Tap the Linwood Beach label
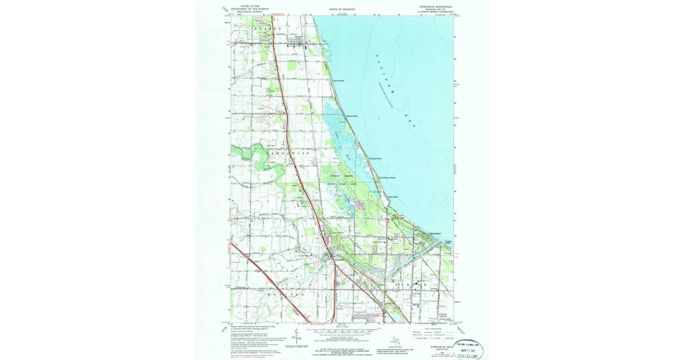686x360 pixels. [x=338, y=81]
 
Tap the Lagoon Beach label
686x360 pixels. [x=435, y=233]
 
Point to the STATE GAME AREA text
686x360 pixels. [x=341, y=185]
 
